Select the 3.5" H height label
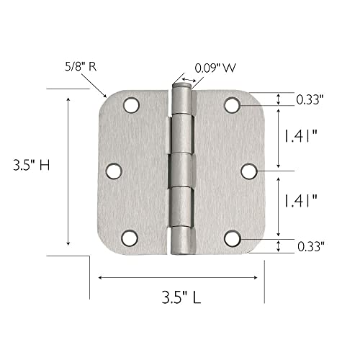[31, 164]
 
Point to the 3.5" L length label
[181, 295]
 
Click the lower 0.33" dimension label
[311, 247]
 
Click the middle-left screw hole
[114, 171]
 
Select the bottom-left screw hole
[130, 236]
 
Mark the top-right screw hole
[231, 105]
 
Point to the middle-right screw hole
[248, 171]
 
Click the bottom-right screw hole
[231, 236]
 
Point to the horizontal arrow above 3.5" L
[180, 276]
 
